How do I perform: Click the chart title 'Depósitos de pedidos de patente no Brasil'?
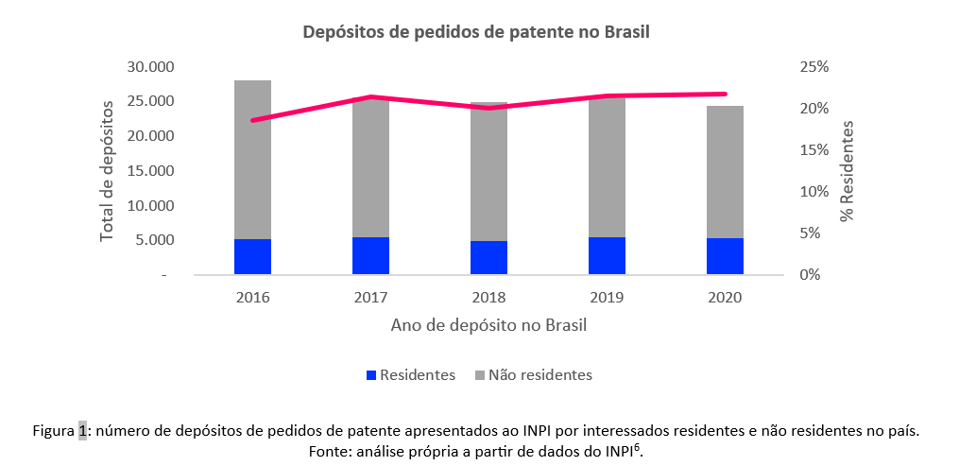476,32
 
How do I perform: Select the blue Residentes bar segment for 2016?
253,256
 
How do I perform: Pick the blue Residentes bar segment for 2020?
725,256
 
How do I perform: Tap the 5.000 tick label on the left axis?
153,240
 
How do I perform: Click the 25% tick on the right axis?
813,67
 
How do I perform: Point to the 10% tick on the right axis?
813,192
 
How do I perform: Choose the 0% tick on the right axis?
817,275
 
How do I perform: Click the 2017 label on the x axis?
370,298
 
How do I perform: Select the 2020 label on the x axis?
725,298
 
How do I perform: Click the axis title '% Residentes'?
848,170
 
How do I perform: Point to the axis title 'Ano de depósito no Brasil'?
488,326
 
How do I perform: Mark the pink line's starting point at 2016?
253,120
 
